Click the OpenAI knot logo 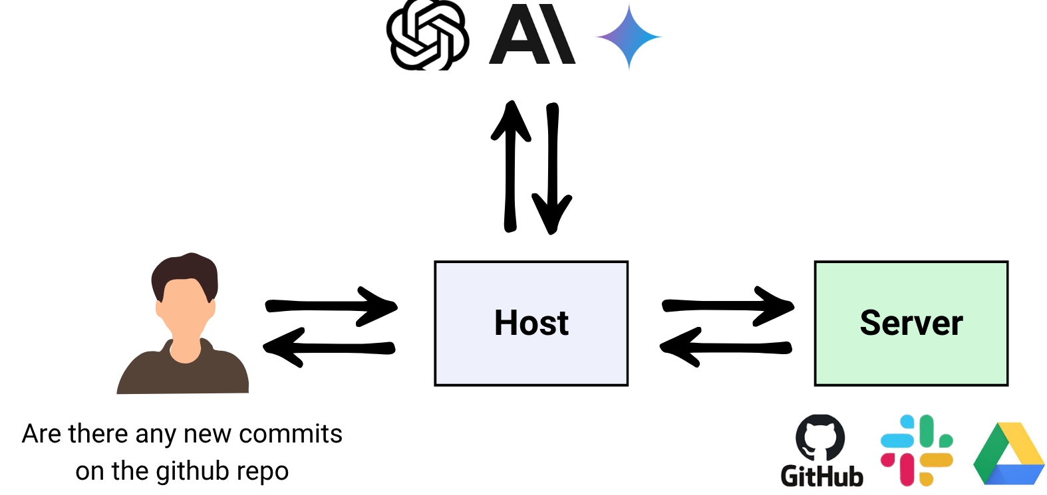(428, 35)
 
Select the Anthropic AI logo (531, 35)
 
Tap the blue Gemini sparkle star (629, 37)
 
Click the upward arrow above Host (510, 166)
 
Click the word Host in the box (531, 323)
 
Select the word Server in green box (911, 323)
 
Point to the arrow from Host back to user (329, 347)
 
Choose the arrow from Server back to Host (726, 347)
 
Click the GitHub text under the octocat (822, 476)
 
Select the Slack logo (916, 450)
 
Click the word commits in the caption (291, 434)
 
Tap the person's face (185, 312)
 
